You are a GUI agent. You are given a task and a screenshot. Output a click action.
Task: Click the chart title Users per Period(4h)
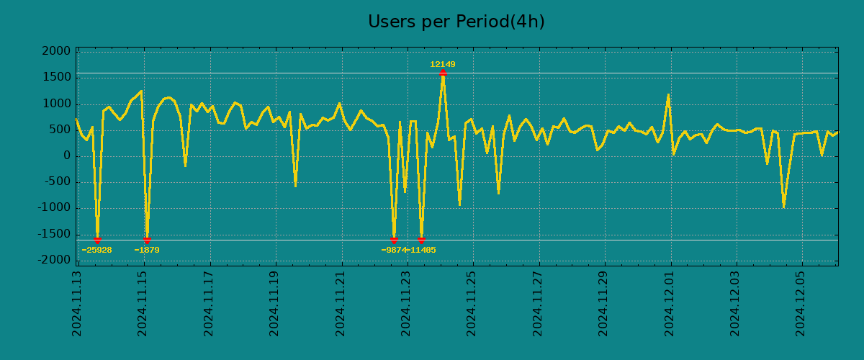click(456, 22)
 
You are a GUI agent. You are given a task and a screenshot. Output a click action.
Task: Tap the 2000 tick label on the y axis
click(56, 51)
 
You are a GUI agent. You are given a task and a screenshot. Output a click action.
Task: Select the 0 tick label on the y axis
click(66, 156)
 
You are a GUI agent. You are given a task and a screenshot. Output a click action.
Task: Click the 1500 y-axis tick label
click(56, 77)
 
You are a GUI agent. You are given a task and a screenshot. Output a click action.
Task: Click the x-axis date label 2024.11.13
click(77, 303)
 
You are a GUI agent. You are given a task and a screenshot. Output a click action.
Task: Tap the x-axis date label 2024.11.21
click(341, 303)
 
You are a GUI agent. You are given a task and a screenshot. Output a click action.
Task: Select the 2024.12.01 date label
click(670, 303)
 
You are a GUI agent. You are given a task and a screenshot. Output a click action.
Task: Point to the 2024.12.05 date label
click(801, 303)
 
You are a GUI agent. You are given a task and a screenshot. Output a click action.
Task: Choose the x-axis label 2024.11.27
click(538, 303)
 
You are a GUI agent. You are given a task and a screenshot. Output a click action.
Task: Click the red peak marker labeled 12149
click(443, 72)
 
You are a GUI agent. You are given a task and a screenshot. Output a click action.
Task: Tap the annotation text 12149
click(443, 64)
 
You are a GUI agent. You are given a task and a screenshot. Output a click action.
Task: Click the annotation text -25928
click(96, 250)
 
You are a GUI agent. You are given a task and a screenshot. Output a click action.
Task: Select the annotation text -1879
click(147, 250)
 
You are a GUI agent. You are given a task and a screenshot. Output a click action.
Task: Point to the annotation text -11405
click(421, 250)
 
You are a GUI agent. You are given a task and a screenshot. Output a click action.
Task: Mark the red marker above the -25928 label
click(97, 240)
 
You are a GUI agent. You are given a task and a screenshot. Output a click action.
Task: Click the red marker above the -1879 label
click(147, 240)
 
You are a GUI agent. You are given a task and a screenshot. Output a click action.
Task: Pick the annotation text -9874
click(393, 250)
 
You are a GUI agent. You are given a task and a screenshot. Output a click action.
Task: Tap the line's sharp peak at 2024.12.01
click(668, 95)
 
